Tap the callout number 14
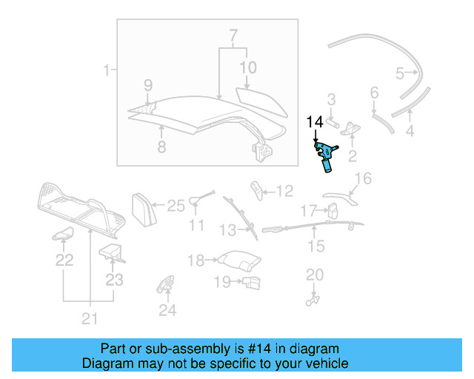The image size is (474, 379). pyautogui.click(x=314, y=121)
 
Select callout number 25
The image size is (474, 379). pyautogui.click(x=176, y=206)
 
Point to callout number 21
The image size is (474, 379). pyautogui.click(x=89, y=319)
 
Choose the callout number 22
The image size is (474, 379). pyautogui.click(x=64, y=260)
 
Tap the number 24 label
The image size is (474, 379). pyautogui.click(x=168, y=311)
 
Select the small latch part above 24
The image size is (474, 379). pyautogui.click(x=164, y=285)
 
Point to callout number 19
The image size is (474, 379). pyautogui.click(x=222, y=281)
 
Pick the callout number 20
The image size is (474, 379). pyautogui.click(x=315, y=275)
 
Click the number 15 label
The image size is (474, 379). pyautogui.click(x=316, y=246)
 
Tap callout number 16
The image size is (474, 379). pyautogui.click(x=362, y=178)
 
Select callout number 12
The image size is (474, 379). pyautogui.click(x=285, y=191)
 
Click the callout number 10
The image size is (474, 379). pyautogui.click(x=247, y=67)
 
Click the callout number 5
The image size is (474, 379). pyautogui.click(x=400, y=73)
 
